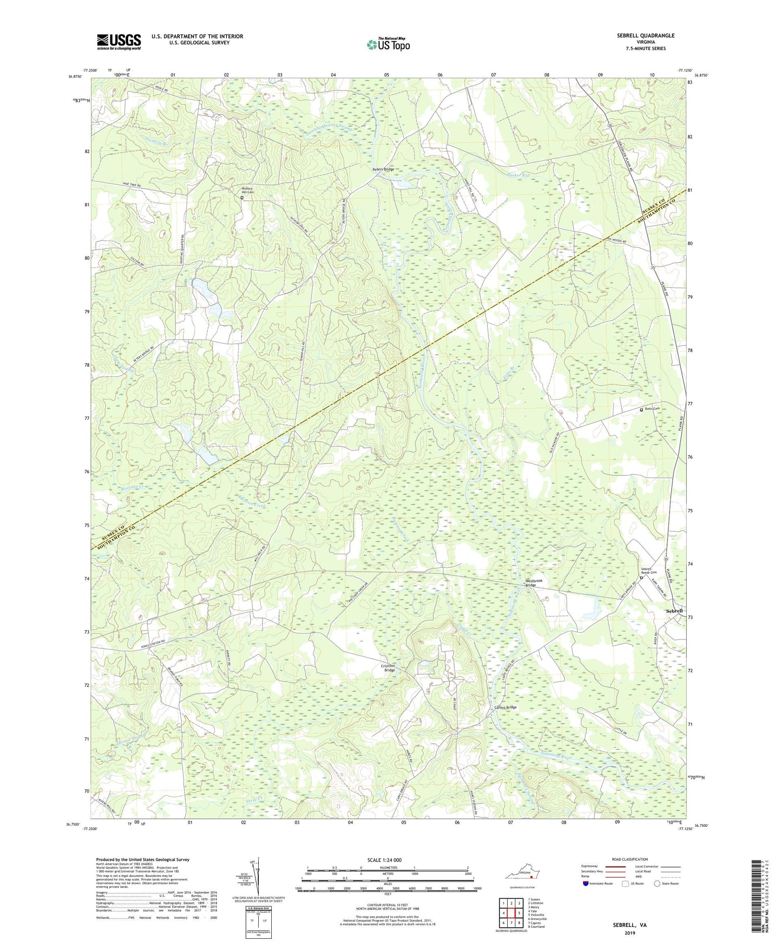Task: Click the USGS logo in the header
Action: (x=119, y=42)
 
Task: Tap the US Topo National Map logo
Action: (x=387, y=44)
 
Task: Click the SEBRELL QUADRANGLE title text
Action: (x=643, y=35)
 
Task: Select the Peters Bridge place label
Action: (x=383, y=170)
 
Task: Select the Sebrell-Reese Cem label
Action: (x=649, y=571)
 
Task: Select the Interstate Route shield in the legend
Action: (x=586, y=884)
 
